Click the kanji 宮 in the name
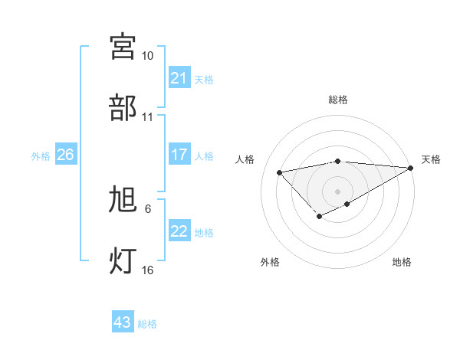(x=123, y=46)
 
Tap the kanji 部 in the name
(x=123, y=107)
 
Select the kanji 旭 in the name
(x=123, y=200)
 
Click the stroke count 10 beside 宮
(x=147, y=56)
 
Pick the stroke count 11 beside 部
(x=147, y=117)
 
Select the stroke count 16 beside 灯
(x=147, y=270)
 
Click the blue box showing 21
(x=179, y=78)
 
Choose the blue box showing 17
(x=179, y=155)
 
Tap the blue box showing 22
(x=179, y=231)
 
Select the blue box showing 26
(x=65, y=155)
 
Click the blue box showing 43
(x=123, y=322)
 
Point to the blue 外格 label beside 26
(x=41, y=156)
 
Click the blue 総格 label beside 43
(x=147, y=324)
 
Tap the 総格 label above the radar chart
(x=338, y=100)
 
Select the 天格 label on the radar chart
(x=431, y=159)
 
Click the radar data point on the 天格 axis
(x=411, y=168)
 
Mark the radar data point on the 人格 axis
(x=280, y=172)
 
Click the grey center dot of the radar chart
(x=338, y=191)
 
